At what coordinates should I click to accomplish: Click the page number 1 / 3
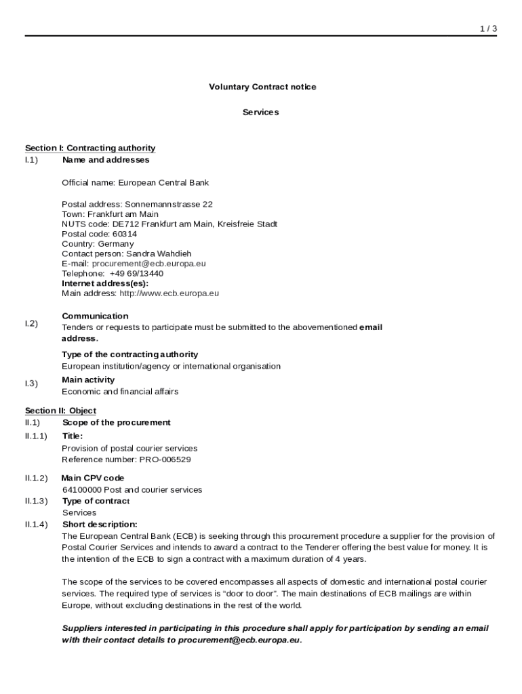488,28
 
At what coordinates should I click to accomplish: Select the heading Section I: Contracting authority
90,148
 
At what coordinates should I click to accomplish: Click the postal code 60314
125,234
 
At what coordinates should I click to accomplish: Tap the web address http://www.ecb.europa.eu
169,293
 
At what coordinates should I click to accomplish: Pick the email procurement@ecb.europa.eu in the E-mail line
148,264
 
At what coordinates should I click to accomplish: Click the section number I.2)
31,323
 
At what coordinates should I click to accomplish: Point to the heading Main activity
88,380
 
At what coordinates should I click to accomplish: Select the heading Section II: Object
60,411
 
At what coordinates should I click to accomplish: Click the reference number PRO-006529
165,459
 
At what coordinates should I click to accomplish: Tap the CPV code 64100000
81,489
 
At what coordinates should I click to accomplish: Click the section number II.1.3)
37,501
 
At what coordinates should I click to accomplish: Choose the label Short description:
100,524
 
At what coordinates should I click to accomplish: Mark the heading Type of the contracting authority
130,354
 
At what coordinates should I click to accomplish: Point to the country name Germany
116,243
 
